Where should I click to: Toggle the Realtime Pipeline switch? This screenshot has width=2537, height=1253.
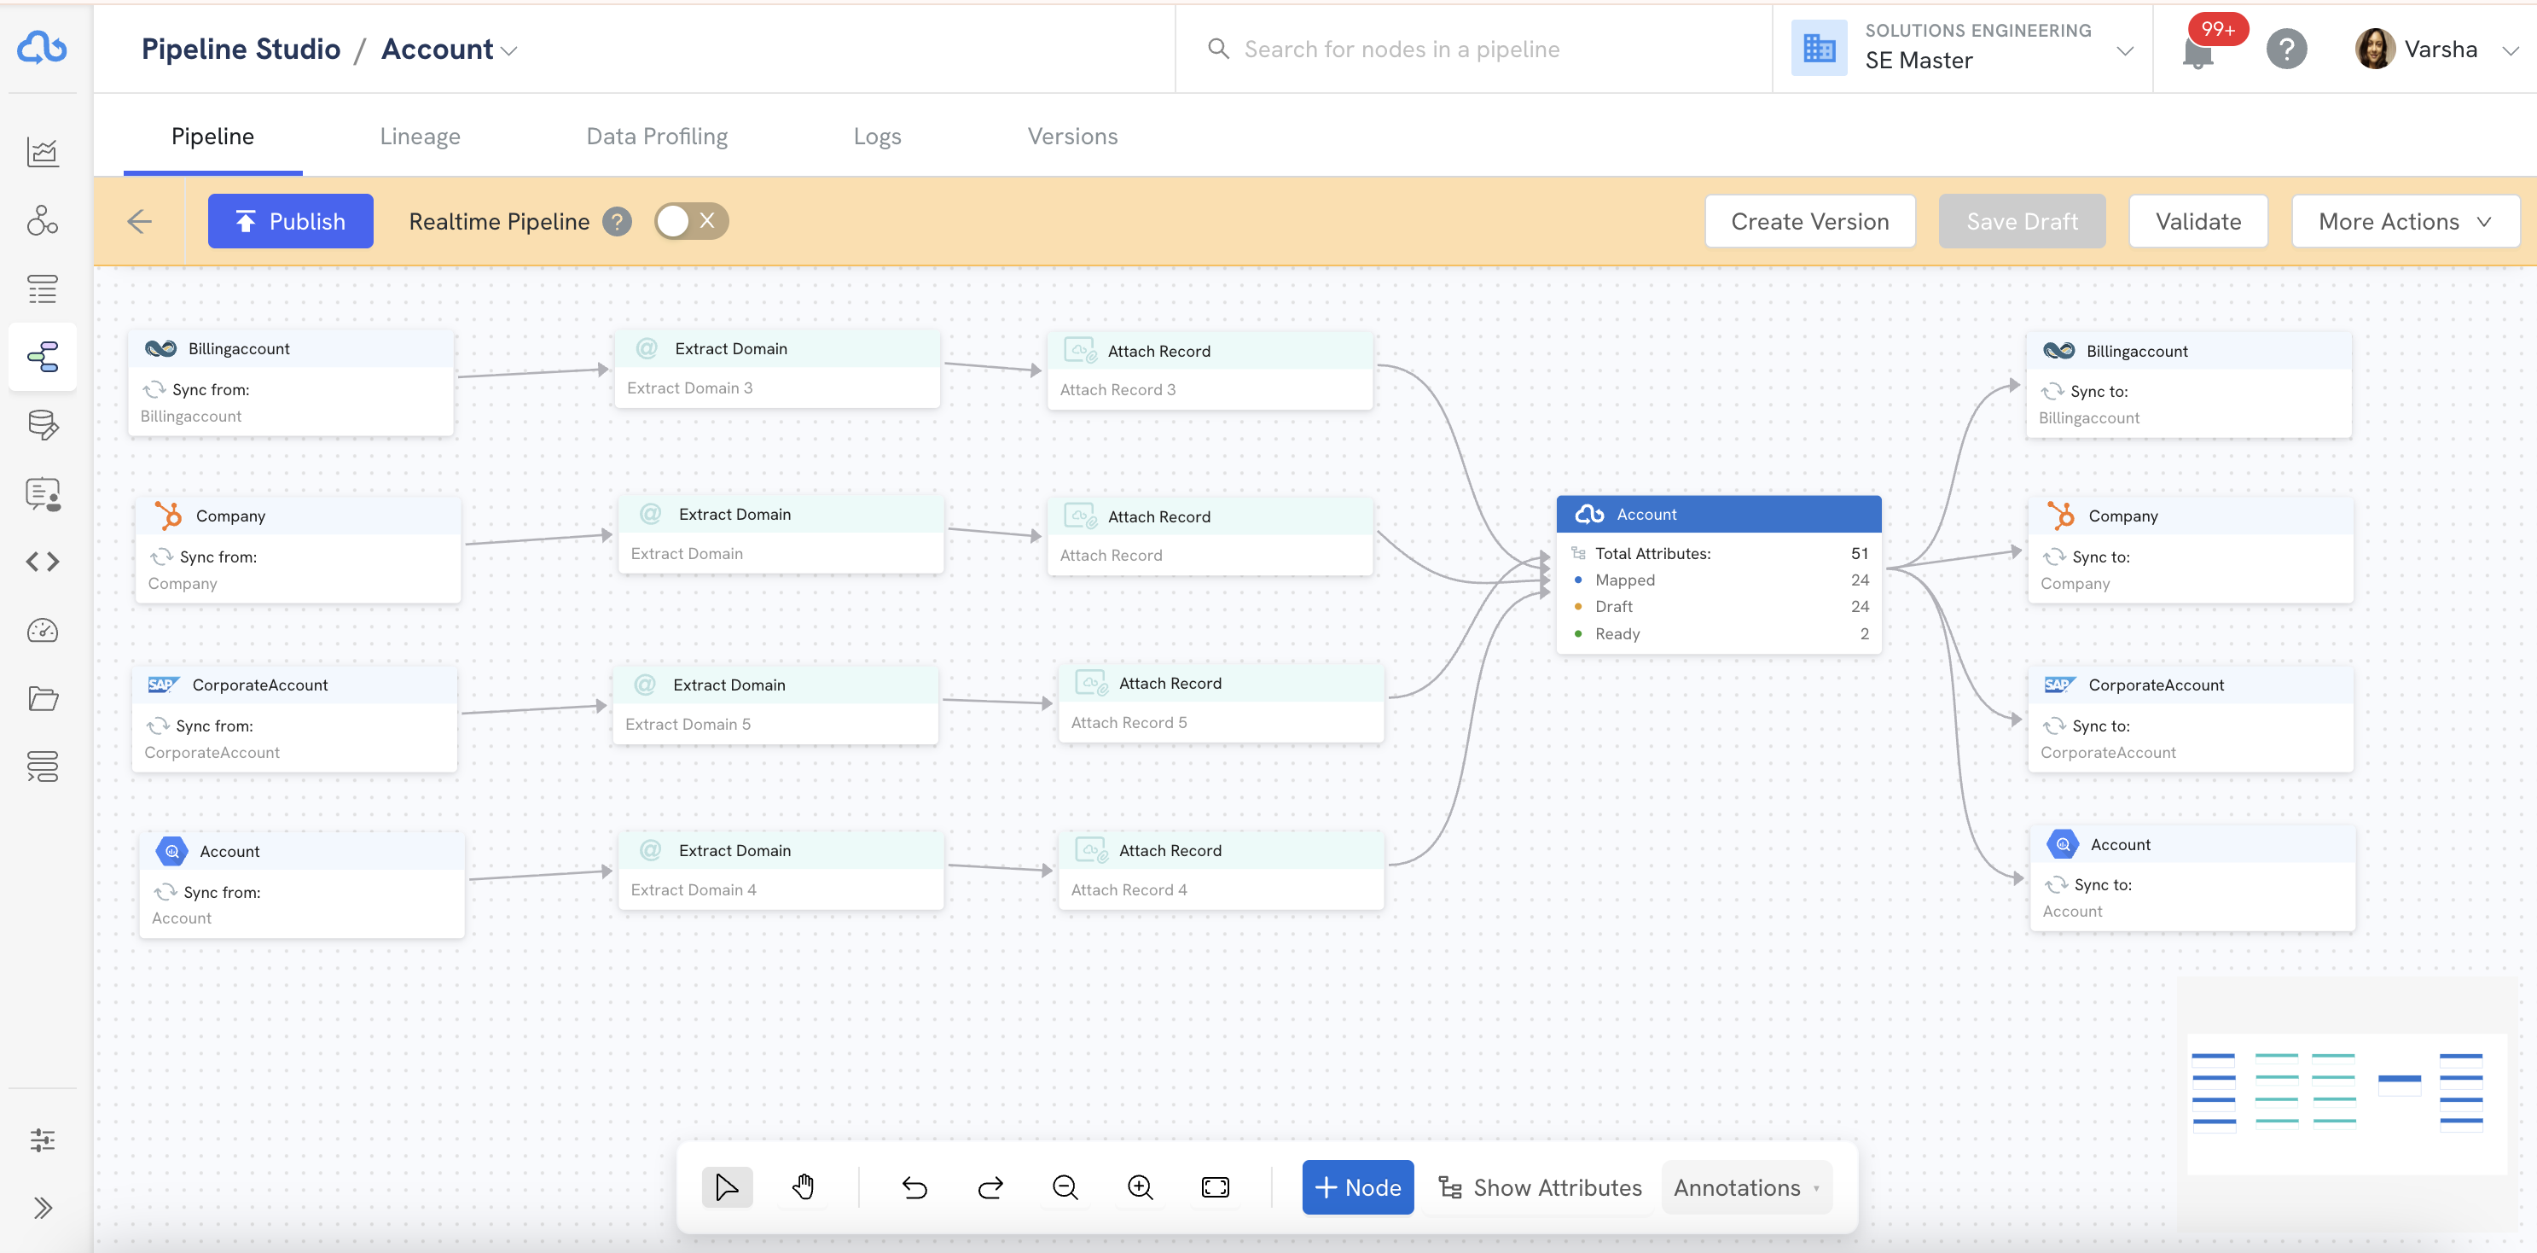691,221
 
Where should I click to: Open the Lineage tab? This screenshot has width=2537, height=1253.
420,136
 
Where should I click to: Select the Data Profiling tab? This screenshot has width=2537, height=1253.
657,136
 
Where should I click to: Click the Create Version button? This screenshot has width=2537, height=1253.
1809,221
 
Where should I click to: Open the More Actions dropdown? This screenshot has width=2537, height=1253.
2405,221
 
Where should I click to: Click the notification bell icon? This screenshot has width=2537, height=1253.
2197,51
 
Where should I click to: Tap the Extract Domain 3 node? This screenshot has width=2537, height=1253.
777,370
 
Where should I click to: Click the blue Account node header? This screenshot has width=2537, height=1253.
1719,514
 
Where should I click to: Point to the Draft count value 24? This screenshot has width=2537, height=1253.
1860,607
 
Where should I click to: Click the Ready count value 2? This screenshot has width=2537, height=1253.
1864,633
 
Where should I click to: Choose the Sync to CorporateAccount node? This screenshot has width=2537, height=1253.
2191,719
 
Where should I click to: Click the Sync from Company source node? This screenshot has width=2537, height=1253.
298,550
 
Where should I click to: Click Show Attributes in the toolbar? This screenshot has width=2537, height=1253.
1541,1187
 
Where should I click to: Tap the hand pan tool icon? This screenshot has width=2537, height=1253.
803,1187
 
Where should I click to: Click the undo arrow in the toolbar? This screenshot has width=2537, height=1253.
914,1187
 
